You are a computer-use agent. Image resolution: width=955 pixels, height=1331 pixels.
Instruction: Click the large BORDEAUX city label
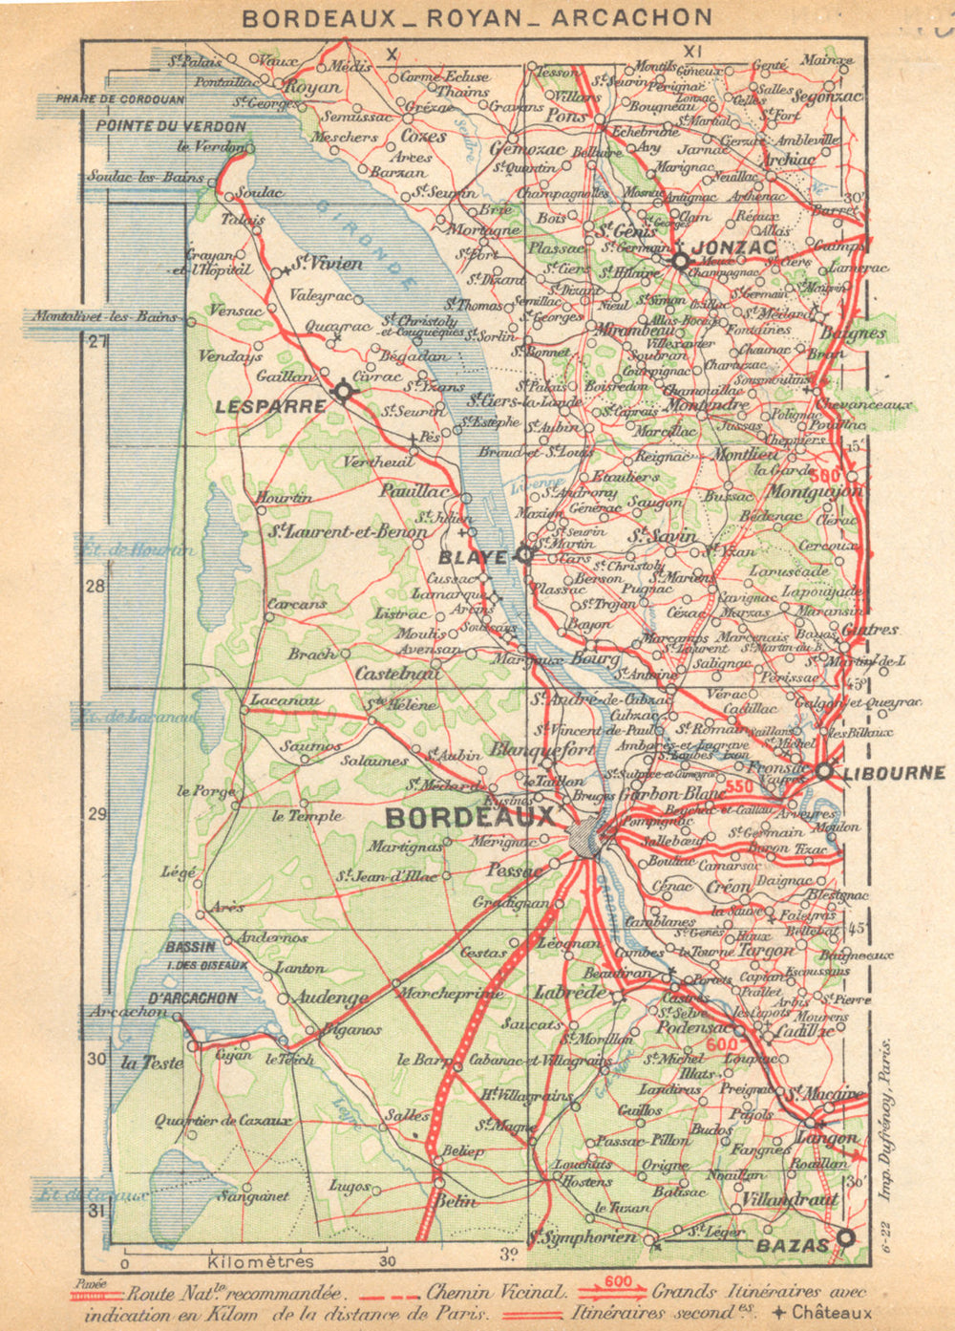[469, 818]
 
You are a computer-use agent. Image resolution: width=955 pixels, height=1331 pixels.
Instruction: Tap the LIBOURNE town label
[894, 773]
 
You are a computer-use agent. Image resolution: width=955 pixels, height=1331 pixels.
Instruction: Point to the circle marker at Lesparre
[342, 391]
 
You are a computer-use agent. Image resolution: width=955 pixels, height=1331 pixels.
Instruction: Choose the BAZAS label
[792, 1246]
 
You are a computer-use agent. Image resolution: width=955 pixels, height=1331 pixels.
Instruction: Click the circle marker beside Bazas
[844, 1237]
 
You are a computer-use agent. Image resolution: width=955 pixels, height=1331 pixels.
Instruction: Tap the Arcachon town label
[129, 1011]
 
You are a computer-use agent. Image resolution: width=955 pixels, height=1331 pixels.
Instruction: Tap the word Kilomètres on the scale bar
[260, 1261]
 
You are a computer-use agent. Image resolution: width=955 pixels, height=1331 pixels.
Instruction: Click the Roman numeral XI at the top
[693, 51]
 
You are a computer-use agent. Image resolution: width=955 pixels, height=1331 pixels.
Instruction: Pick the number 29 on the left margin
[95, 814]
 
